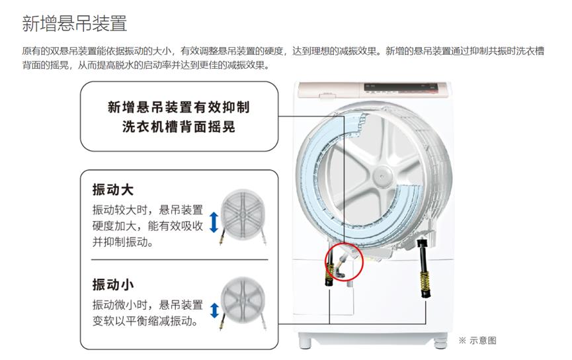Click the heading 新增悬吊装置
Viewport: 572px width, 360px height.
point(74,24)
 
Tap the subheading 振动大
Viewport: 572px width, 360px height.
point(112,189)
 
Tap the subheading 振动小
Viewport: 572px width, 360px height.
point(112,285)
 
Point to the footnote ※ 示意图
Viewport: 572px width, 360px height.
point(477,340)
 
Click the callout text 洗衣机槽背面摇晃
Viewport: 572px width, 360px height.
point(179,127)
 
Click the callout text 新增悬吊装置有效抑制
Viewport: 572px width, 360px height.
point(179,107)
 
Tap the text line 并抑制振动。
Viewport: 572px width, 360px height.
point(122,242)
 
